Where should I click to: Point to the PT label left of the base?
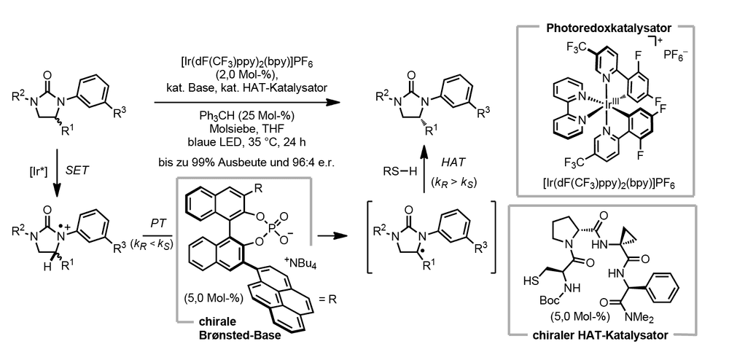(x=156, y=224)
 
